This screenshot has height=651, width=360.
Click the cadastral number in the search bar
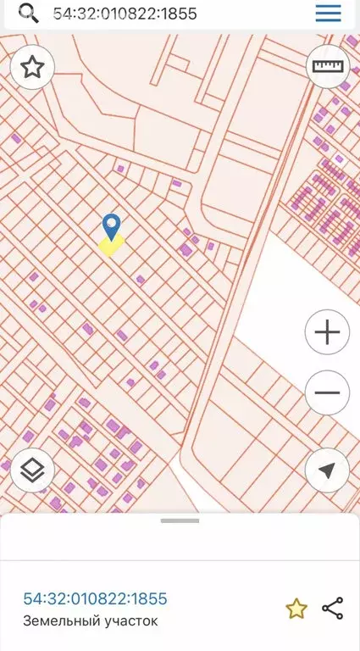[x=130, y=14]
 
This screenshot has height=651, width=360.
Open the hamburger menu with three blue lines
[x=328, y=13]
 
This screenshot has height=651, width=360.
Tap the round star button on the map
[x=32, y=67]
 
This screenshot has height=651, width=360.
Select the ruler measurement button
[x=327, y=67]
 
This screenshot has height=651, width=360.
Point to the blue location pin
[x=111, y=225]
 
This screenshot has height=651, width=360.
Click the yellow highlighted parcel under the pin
[x=111, y=245]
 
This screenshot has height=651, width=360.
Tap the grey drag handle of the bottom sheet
[x=180, y=520]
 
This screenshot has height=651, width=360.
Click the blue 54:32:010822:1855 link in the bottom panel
[x=95, y=599]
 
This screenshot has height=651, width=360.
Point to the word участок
[x=126, y=621]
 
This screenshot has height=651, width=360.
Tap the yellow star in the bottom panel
[x=296, y=608]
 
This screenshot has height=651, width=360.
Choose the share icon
[x=333, y=608]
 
